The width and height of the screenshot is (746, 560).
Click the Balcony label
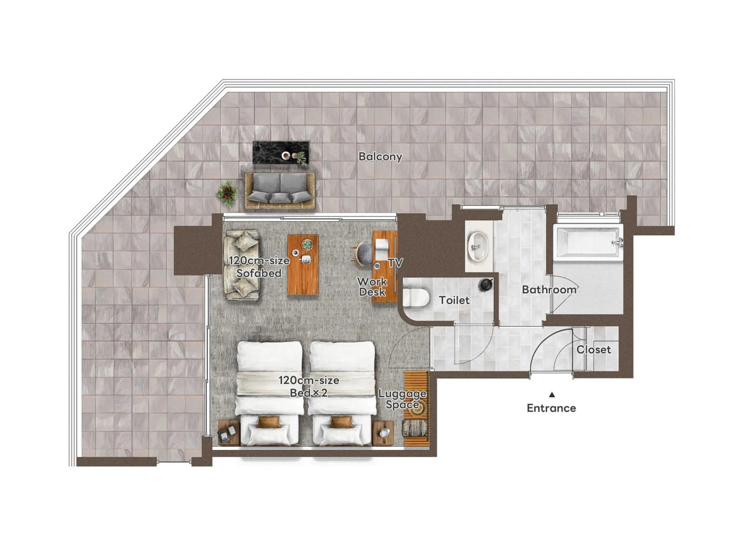(380, 156)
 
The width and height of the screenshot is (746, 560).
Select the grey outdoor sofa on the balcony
(280, 190)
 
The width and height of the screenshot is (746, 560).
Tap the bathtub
(588, 242)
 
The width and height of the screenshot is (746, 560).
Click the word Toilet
(454, 300)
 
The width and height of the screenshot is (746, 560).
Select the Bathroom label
(549, 289)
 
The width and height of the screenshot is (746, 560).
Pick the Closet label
(594, 349)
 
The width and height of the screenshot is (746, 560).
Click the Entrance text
(551, 408)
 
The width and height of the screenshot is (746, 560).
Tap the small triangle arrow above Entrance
(552, 394)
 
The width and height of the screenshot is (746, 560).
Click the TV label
(395, 263)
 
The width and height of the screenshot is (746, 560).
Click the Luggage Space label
(402, 399)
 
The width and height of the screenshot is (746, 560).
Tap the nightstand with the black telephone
(229, 433)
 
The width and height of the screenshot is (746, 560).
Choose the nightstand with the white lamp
(383, 433)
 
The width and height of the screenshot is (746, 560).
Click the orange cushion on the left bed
(269, 422)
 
